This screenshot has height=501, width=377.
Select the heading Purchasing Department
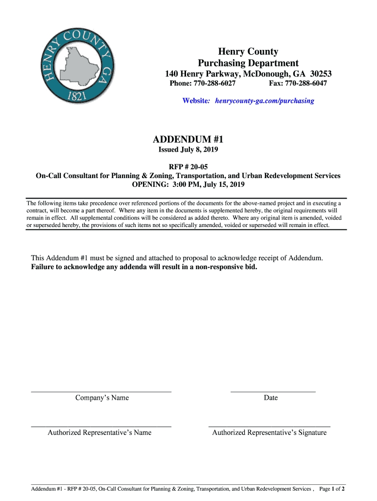point(248,63)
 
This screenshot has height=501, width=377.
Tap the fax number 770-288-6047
point(306,84)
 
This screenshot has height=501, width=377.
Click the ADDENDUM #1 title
point(188,138)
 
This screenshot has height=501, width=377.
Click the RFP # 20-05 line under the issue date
point(188,167)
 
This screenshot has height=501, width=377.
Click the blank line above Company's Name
point(101,391)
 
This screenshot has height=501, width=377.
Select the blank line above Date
point(273,391)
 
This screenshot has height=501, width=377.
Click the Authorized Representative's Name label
point(99,433)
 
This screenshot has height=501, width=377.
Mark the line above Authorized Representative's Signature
point(269,427)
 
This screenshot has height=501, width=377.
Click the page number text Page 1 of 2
point(332,489)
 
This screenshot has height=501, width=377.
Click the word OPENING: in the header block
point(148,184)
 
